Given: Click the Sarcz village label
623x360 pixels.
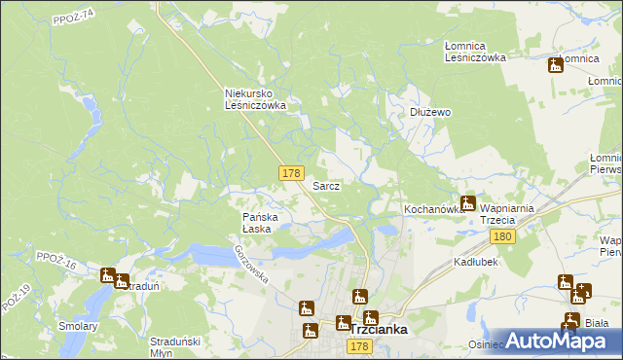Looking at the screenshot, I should click(x=325, y=185).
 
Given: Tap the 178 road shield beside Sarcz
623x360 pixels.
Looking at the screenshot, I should click(x=290, y=172).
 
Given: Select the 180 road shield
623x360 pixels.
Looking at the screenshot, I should click(x=502, y=236).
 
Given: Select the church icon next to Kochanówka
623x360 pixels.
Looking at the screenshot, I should click(x=468, y=203).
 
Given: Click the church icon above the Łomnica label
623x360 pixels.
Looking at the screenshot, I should click(x=556, y=65).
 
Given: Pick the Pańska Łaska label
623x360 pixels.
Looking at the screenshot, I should click(x=260, y=223).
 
